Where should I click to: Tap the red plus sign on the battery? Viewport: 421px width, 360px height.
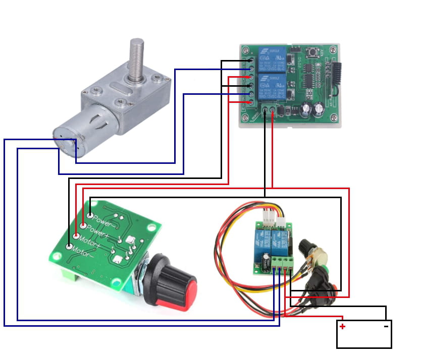(x=342, y=327)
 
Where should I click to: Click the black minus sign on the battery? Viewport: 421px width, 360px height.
(x=386, y=326)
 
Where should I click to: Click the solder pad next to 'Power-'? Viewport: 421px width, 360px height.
(x=90, y=215)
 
